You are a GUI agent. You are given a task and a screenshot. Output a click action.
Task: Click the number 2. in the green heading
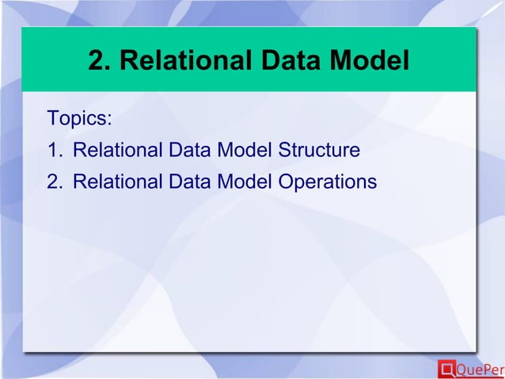101,60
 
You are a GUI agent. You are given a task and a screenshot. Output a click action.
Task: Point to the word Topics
77,120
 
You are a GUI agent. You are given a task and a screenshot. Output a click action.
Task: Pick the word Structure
320,151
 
